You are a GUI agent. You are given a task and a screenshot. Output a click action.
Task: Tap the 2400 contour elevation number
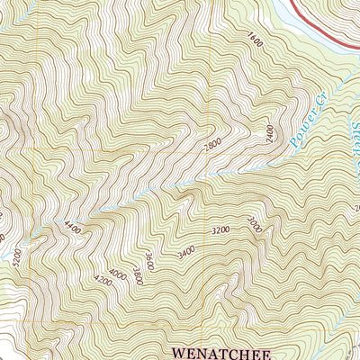click(268, 134)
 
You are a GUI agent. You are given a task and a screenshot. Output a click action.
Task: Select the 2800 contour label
click(212, 145)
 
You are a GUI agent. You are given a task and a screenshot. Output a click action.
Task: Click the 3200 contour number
click(220, 230)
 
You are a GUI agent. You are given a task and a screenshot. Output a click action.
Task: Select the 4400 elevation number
click(72, 229)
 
